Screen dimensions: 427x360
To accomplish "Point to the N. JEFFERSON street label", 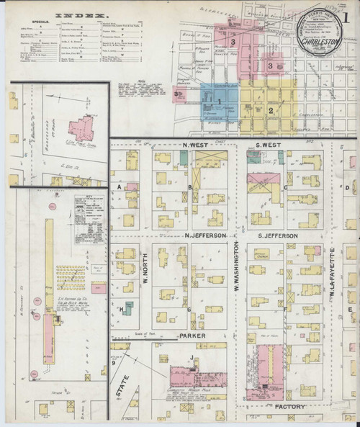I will [205, 235].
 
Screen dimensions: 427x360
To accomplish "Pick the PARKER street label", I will [193, 336].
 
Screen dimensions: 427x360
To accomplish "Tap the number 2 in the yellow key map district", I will [270, 110].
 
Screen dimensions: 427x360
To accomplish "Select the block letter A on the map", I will [117, 186].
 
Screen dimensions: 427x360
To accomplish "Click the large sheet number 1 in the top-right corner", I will [348, 19].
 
